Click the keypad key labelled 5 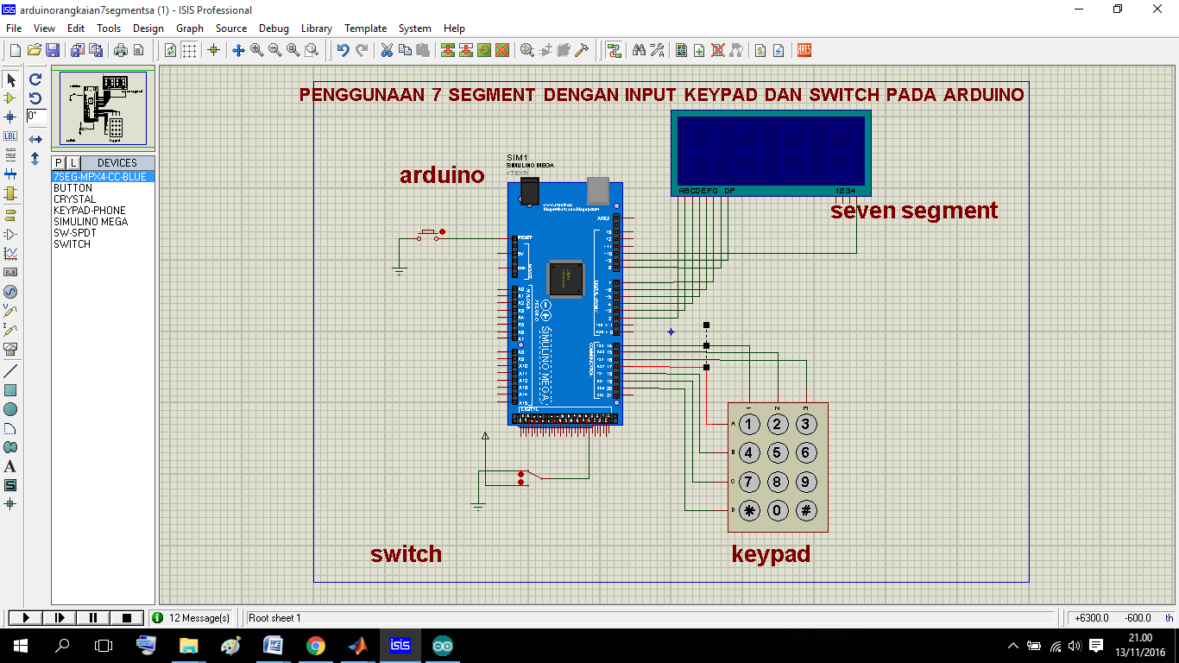pyautogui.click(x=778, y=452)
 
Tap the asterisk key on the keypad pyautogui.click(x=750, y=510)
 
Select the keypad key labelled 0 pyautogui.click(x=778, y=510)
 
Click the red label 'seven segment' pyautogui.click(x=914, y=210)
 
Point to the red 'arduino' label pyautogui.click(x=442, y=175)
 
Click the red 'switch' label pyautogui.click(x=406, y=553)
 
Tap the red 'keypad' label pyautogui.click(x=771, y=553)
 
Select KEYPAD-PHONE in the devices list pyautogui.click(x=90, y=211)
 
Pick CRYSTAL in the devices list pyautogui.click(x=75, y=199)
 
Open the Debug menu pyautogui.click(x=274, y=28)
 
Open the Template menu pyautogui.click(x=365, y=28)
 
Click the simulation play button pyautogui.click(x=26, y=618)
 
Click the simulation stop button pyautogui.click(x=126, y=618)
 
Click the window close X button pyautogui.click(x=1157, y=9)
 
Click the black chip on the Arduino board pyautogui.click(x=567, y=278)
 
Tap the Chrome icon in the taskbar pyautogui.click(x=315, y=645)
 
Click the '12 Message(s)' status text pyautogui.click(x=199, y=618)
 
